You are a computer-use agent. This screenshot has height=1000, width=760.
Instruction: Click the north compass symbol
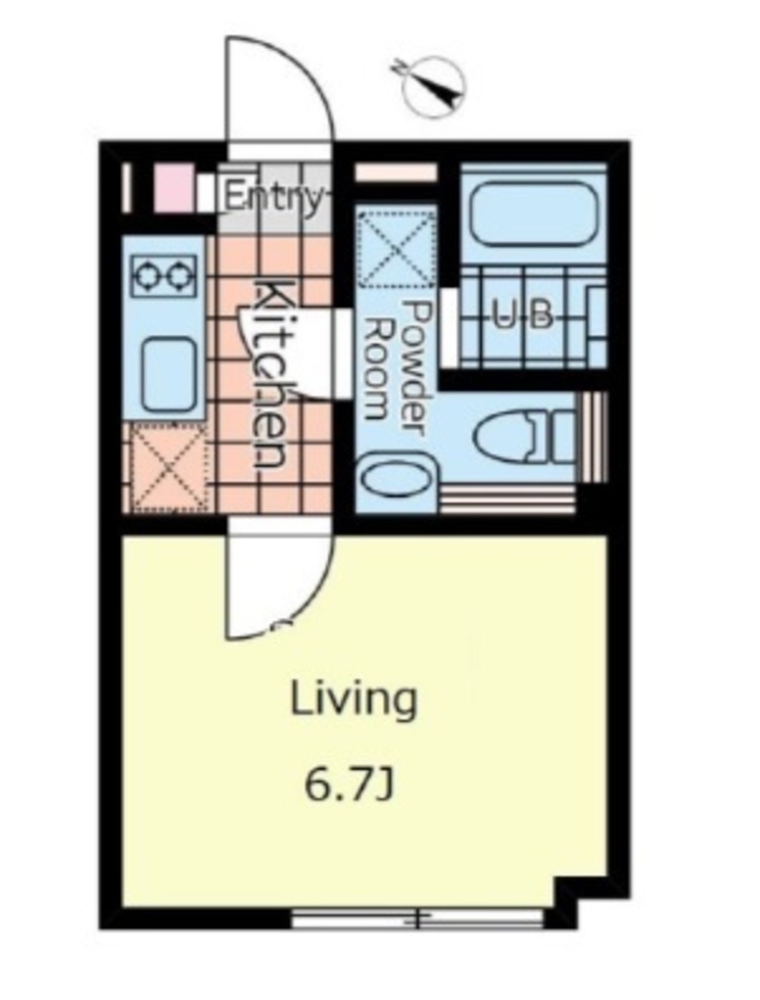434,86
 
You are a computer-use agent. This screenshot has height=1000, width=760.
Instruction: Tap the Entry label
274,197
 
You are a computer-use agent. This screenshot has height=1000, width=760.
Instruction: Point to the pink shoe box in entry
174,187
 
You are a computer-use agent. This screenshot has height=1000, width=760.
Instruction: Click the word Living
354,699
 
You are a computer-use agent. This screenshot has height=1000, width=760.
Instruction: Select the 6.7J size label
348,786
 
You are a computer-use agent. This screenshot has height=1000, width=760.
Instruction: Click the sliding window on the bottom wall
417,918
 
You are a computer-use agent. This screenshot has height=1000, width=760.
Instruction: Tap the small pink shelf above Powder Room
396,173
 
